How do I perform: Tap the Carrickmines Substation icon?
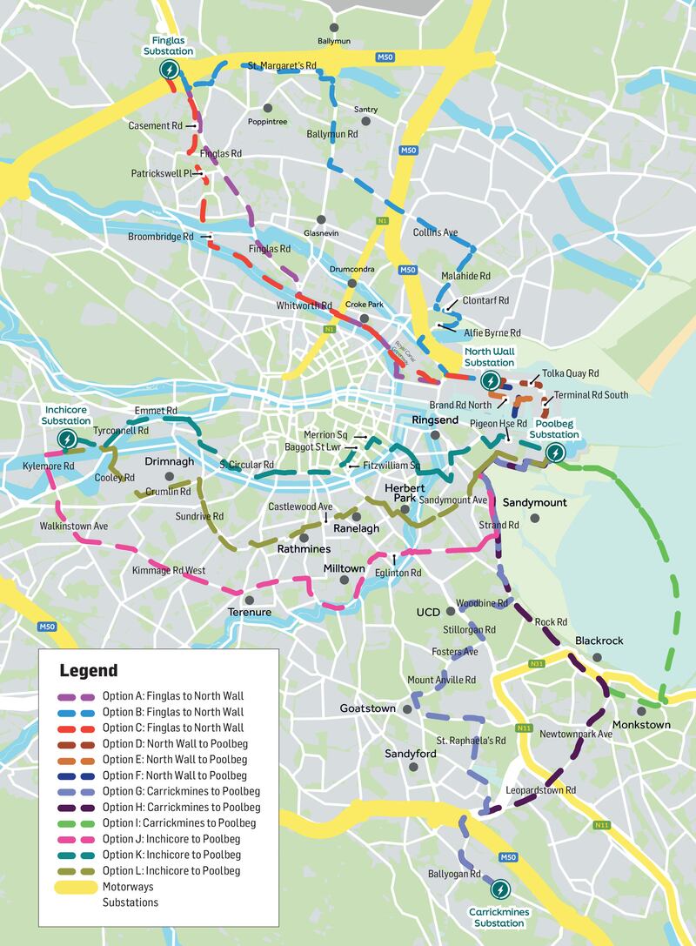click(x=500, y=889)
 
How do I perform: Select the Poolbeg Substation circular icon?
click(x=554, y=452)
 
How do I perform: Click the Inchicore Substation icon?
click(x=66, y=439)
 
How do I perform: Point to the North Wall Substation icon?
click(x=490, y=380)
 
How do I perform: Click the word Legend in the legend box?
click(x=88, y=671)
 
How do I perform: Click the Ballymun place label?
click(x=335, y=41)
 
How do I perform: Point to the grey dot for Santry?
click(x=366, y=121)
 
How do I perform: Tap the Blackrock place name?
click(x=599, y=641)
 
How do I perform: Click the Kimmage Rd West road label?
click(x=168, y=570)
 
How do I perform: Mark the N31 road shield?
click(x=537, y=665)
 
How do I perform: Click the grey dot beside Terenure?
click(x=250, y=599)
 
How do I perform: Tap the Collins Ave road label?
click(x=435, y=232)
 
